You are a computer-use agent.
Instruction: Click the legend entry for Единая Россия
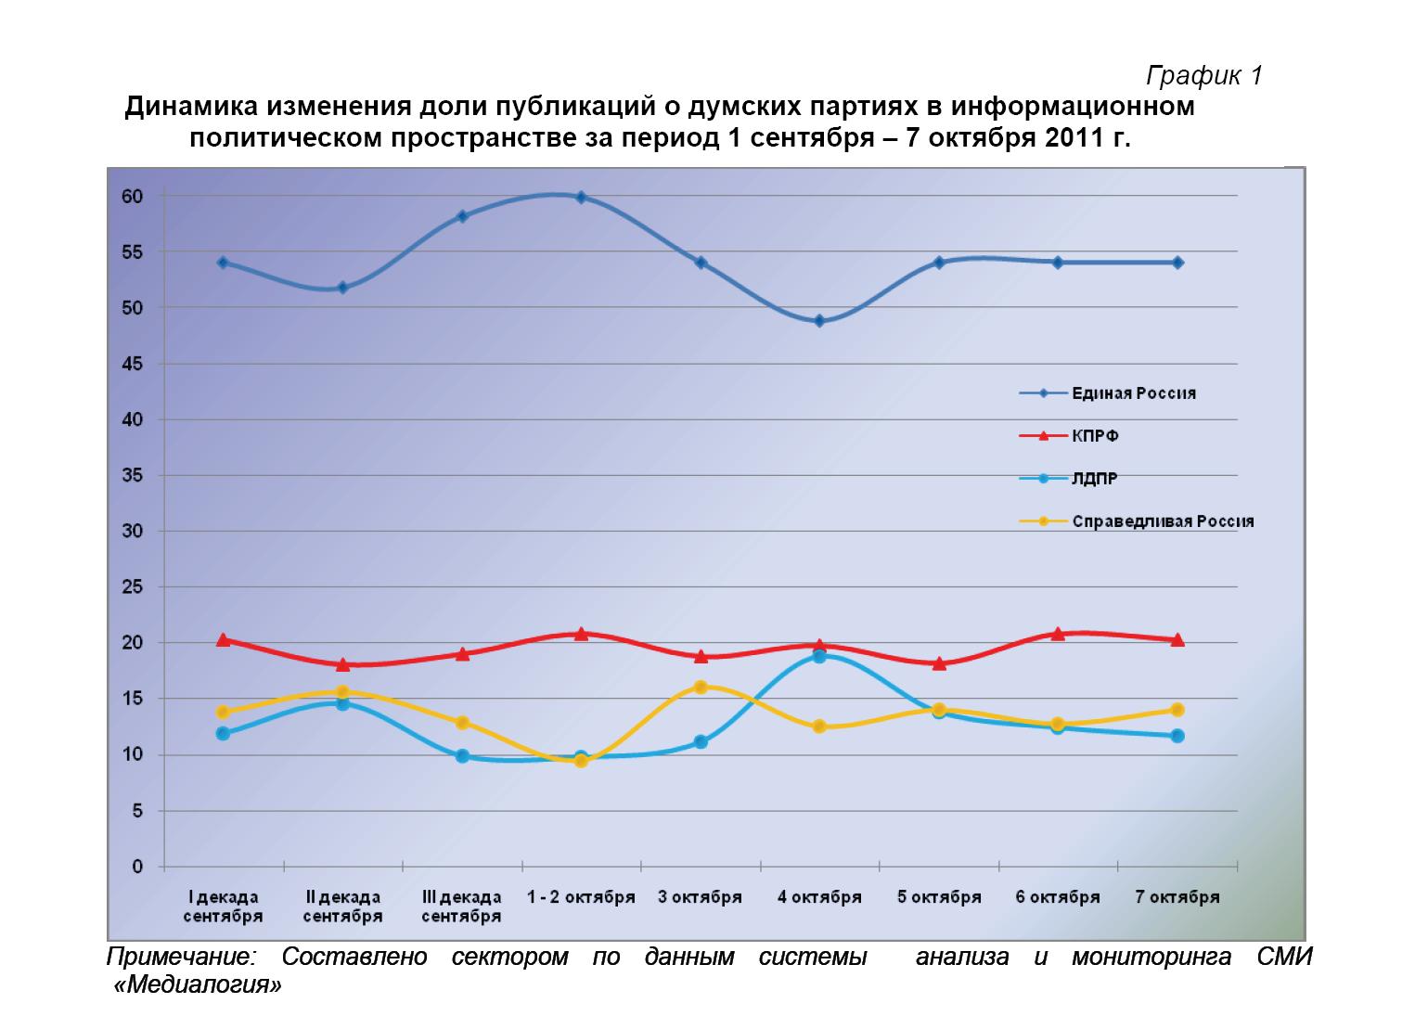click(x=1133, y=393)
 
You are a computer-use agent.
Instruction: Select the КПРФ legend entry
click(x=1095, y=436)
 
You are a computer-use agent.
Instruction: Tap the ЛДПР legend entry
click(x=1095, y=479)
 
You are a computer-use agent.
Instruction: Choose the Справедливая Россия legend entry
click(x=1162, y=521)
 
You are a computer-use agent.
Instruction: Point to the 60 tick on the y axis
click(x=132, y=197)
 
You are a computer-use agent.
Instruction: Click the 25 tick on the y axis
click(x=132, y=587)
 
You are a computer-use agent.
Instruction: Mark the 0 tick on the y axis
click(x=137, y=868)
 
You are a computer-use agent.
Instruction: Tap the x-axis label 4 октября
click(x=819, y=897)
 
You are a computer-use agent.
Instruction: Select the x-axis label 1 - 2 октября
click(x=581, y=897)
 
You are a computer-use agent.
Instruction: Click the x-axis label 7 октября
click(x=1177, y=897)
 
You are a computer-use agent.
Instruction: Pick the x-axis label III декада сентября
click(x=461, y=907)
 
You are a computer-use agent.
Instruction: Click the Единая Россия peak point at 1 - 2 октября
click(x=581, y=197)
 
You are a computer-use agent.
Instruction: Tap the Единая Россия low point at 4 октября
click(x=819, y=321)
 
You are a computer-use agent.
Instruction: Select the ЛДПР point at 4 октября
click(x=819, y=656)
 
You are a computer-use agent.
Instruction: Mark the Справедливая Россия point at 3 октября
click(x=701, y=688)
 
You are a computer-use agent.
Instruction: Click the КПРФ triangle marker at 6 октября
click(x=1058, y=634)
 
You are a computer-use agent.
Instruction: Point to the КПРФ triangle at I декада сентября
click(x=223, y=639)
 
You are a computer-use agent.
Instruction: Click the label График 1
click(x=1204, y=75)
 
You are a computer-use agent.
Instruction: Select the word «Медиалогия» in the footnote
click(x=197, y=984)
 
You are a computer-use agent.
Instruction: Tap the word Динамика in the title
click(x=191, y=108)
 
